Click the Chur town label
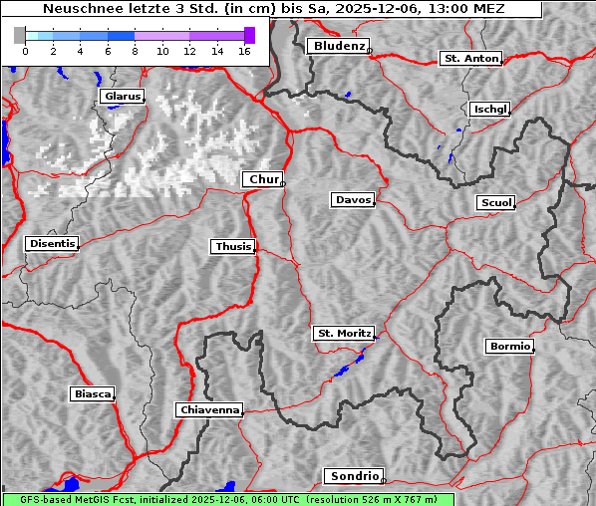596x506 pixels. tap(263, 179)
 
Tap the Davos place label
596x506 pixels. tap(353, 200)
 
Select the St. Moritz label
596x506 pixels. tap(343, 334)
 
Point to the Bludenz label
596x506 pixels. tap(337, 47)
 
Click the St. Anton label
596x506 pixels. tap(470, 59)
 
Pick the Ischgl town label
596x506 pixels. tap(490, 110)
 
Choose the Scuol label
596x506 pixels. tap(496, 203)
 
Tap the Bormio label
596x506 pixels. tap(509, 347)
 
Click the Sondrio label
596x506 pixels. tap(353, 476)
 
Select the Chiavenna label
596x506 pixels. tap(209, 409)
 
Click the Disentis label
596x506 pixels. tap(51, 243)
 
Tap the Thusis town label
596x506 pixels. tap(233, 246)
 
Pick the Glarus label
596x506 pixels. tap(122, 97)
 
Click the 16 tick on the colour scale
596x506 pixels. tap(243, 51)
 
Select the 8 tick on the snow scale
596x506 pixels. tap(135, 51)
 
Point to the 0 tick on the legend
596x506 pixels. tap(25, 51)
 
